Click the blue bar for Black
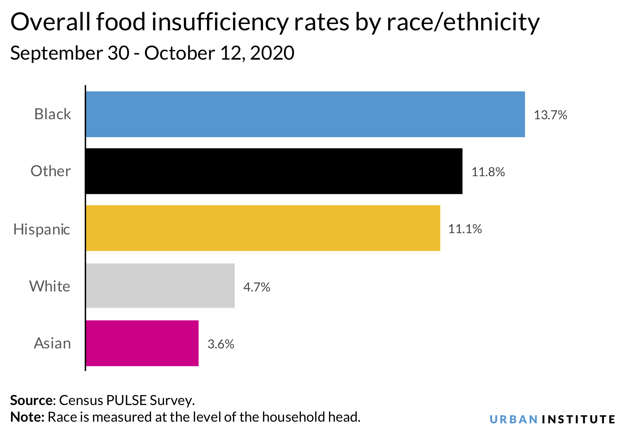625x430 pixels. coord(305,114)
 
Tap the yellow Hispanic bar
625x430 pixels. coord(263,228)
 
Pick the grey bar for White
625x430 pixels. coord(160,286)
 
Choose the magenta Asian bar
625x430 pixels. coord(142,343)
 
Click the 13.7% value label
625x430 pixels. coord(550,115)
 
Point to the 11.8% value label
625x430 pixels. coord(488,172)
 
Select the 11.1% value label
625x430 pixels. coord(465,229)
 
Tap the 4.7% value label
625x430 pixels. coord(257,287)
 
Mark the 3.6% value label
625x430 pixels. coord(221,344)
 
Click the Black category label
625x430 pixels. coord(53,114)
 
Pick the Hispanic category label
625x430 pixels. coord(42,229)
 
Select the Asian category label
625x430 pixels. coord(52,343)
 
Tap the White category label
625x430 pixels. coord(50,286)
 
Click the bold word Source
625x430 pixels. coord(31,400)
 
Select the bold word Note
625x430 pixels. coord(27,417)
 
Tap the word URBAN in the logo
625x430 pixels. coord(514,419)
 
